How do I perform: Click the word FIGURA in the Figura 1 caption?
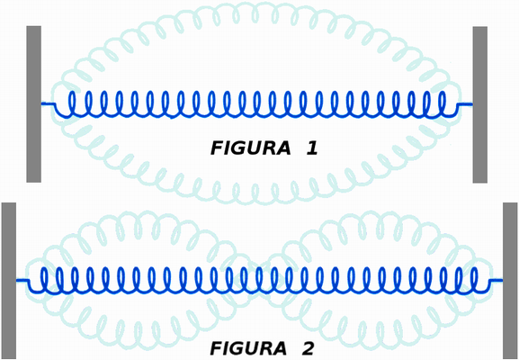coord(250,148)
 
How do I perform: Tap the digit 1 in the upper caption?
coord(312,148)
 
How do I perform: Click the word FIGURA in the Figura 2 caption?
coord(248,348)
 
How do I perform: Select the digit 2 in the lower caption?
coord(309,348)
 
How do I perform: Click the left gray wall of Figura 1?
coord(34,104)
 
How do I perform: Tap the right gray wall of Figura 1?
coord(480,104)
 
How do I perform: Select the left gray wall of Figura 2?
coord(9,281)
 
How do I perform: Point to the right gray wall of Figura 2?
coord(510,281)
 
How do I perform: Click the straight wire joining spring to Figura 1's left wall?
coord(48,104)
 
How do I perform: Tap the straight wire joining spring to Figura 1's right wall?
coord(465,104)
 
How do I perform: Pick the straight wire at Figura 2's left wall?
coord(22,281)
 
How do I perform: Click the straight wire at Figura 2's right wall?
coord(496,281)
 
